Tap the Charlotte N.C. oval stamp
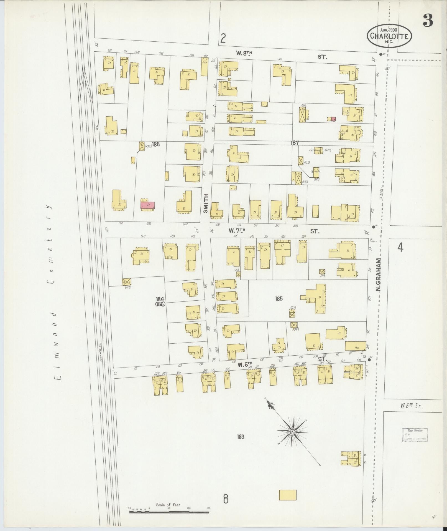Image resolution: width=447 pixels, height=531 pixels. point(389,36)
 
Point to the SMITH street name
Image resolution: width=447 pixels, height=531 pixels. point(205,203)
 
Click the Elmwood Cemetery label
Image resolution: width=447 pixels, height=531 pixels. point(52,293)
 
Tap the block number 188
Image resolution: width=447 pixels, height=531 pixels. point(156,144)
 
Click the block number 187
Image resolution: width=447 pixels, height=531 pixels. point(295,143)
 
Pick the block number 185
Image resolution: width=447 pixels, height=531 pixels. point(279,299)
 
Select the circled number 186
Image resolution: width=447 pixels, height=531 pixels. point(160,304)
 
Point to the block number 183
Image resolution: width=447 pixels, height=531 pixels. point(241,437)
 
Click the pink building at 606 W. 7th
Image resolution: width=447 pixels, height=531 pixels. point(148,205)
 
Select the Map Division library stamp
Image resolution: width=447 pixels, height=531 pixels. point(415,435)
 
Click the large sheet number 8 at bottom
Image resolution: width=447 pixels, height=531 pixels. point(226,499)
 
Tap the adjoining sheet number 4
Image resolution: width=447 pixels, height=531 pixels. point(400,247)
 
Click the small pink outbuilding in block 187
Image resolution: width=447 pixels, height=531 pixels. point(333,119)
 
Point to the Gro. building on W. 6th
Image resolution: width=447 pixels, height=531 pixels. point(355,346)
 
